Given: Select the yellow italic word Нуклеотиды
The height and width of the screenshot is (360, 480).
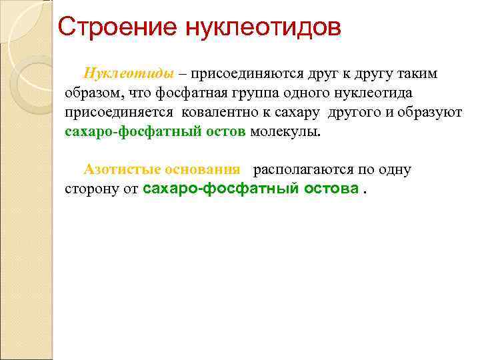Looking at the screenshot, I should tap(129, 73).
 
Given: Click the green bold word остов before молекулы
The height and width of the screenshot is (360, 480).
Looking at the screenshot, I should tap(227, 131).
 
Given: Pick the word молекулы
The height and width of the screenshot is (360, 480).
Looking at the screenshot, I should tap(285, 131).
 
